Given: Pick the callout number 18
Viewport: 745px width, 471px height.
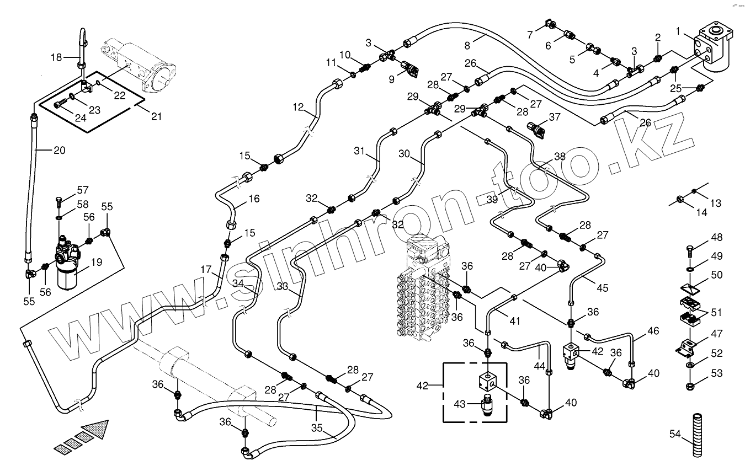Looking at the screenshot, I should (x=57, y=57).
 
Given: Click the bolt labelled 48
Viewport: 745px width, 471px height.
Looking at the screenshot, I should (x=691, y=251).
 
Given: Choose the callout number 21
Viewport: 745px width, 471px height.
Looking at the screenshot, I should (x=157, y=116).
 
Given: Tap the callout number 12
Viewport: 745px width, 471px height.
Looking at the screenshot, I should (x=299, y=108).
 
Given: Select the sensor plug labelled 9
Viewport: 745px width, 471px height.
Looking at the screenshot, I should (x=410, y=69).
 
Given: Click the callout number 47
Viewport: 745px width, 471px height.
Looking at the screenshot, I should (x=716, y=334).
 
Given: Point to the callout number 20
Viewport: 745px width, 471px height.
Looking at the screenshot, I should (x=59, y=149).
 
